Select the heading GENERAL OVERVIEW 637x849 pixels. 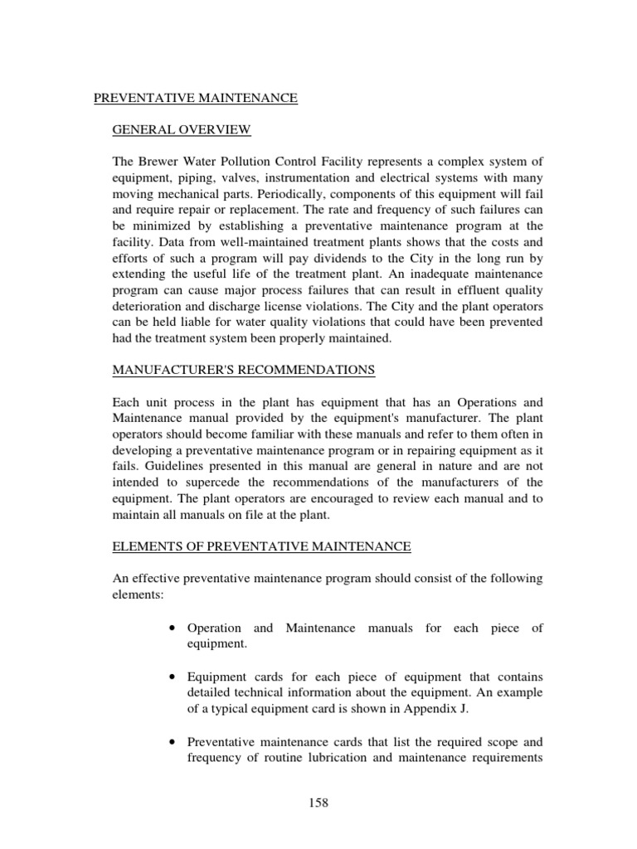tap(182, 130)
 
